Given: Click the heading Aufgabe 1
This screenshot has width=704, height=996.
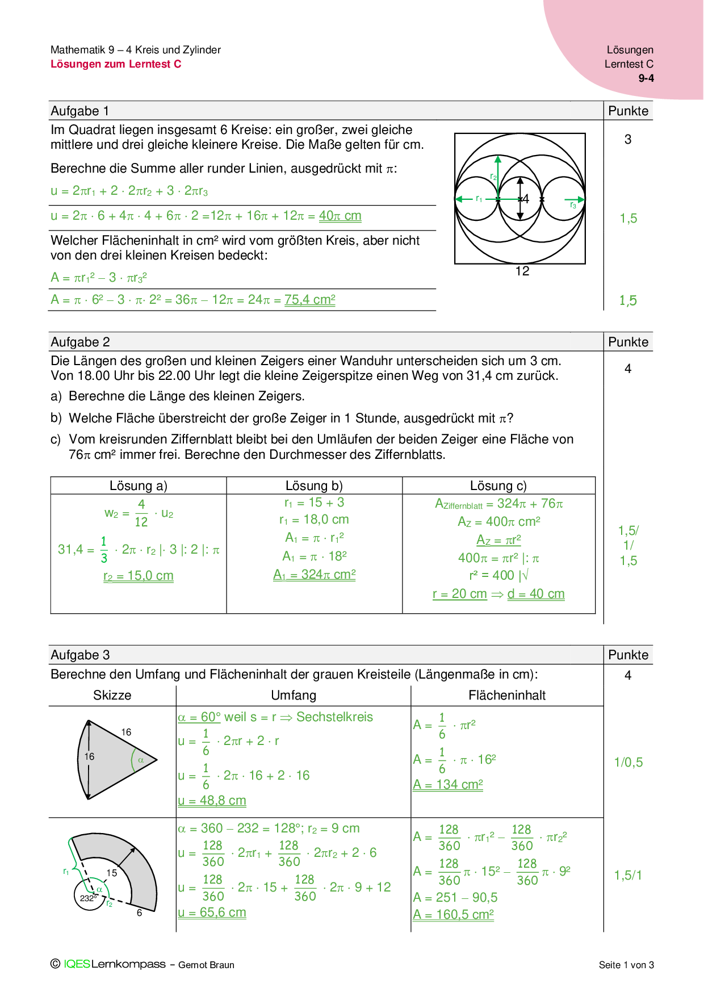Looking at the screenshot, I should point(79,111).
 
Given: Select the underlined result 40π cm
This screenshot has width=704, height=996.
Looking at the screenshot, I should point(340,216).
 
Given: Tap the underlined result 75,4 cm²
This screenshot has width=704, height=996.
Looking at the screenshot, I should point(309,300).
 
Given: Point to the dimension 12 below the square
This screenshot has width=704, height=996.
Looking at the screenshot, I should point(522,271).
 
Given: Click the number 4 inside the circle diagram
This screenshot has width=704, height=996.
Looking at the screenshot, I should point(525,199).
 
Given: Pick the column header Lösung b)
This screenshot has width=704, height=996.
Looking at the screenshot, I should point(314,486).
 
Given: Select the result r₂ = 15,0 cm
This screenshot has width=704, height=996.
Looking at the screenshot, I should point(139,576).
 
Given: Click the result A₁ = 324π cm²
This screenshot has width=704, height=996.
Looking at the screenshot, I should point(315,575).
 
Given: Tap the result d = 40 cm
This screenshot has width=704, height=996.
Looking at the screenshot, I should point(536,594).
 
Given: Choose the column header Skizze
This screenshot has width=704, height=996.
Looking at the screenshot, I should point(112,696).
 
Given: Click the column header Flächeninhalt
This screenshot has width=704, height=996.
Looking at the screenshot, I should point(507,696).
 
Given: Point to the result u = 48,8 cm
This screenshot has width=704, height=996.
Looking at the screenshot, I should point(212,801).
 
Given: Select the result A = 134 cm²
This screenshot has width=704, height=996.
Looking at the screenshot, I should point(448,785).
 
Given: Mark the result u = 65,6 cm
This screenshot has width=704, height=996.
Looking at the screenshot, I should point(212,913).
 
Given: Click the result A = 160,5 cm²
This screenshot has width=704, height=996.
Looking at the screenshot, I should point(453,915).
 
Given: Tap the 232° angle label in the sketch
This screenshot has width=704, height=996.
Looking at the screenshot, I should point(88,898).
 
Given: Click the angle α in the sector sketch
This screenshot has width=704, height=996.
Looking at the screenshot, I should point(140,760).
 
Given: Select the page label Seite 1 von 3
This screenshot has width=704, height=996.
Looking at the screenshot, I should point(626,965).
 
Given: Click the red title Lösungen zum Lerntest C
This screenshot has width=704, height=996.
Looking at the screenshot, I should point(116,64).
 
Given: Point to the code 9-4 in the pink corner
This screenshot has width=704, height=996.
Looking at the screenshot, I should point(646,78).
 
